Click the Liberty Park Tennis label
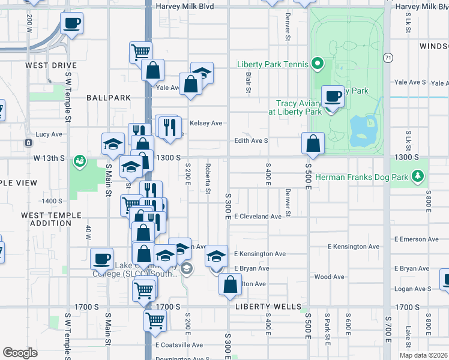(x=271, y=64)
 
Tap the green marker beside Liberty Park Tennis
(x=318, y=64)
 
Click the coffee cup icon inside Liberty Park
(x=332, y=96)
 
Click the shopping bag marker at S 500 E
(x=313, y=143)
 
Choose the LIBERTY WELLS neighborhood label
(x=268, y=307)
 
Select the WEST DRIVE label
(x=51, y=65)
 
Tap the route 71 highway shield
(x=389, y=58)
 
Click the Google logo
(x=20, y=352)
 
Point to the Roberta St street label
(x=208, y=179)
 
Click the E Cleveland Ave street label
(x=258, y=217)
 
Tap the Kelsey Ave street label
(x=206, y=123)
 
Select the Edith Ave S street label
(x=251, y=141)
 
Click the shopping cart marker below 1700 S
(x=155, y=322)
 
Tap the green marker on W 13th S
(x=79, y=161)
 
